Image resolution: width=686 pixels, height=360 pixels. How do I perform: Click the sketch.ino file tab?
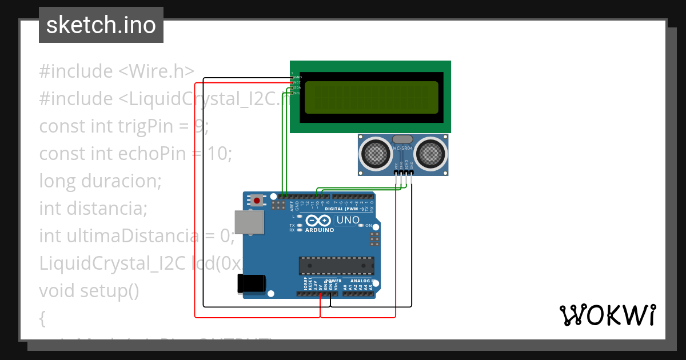101,25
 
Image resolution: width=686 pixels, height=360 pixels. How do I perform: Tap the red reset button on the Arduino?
257,200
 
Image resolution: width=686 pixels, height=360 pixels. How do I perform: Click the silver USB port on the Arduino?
250,222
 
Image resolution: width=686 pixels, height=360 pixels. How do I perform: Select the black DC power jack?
252,283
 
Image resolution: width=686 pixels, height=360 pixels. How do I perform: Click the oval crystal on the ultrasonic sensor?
402,139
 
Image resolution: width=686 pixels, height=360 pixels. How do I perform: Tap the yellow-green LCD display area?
372,97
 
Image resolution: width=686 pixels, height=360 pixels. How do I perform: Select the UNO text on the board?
348,220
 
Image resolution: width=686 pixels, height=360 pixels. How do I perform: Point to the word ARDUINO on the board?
320,230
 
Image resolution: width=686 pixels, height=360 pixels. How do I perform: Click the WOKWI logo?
607,315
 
